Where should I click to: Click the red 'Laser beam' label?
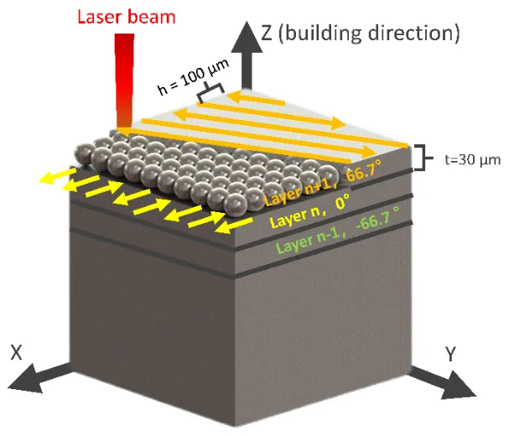[127, 17]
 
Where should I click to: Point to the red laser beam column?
[125, 80]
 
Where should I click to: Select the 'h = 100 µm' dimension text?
[193, 77]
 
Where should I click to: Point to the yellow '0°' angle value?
[343, 202]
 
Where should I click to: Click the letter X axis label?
[17, 352]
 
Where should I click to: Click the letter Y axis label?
[450, 354]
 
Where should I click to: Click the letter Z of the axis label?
[267, 34]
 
